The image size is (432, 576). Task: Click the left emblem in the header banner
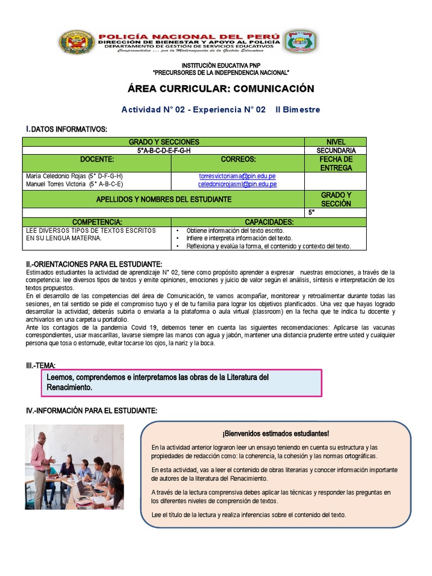[78, 43]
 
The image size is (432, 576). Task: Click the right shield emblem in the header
[300, 43]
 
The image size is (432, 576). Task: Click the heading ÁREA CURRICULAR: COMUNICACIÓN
[221, 89]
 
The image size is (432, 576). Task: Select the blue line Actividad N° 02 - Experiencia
[220, 110]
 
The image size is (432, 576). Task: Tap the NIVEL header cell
[335, 142]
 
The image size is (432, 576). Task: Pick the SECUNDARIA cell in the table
[335, 151]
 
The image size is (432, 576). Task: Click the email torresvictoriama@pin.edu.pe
[237, 176]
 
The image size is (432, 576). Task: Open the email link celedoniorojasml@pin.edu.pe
[237, 184]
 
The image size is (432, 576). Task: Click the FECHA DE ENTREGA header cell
[335, 163]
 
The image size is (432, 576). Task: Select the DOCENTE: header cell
[97, 160]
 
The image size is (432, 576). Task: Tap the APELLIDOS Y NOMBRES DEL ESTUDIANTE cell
[164, 199]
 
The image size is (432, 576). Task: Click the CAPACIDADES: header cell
[269, 223]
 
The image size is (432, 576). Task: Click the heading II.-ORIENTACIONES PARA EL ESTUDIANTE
[94, 264]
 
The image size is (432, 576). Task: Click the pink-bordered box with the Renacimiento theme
[182, 383]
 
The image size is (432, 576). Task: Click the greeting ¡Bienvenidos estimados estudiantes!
[276, 433]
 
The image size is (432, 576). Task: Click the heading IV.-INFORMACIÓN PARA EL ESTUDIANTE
[92, 411]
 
